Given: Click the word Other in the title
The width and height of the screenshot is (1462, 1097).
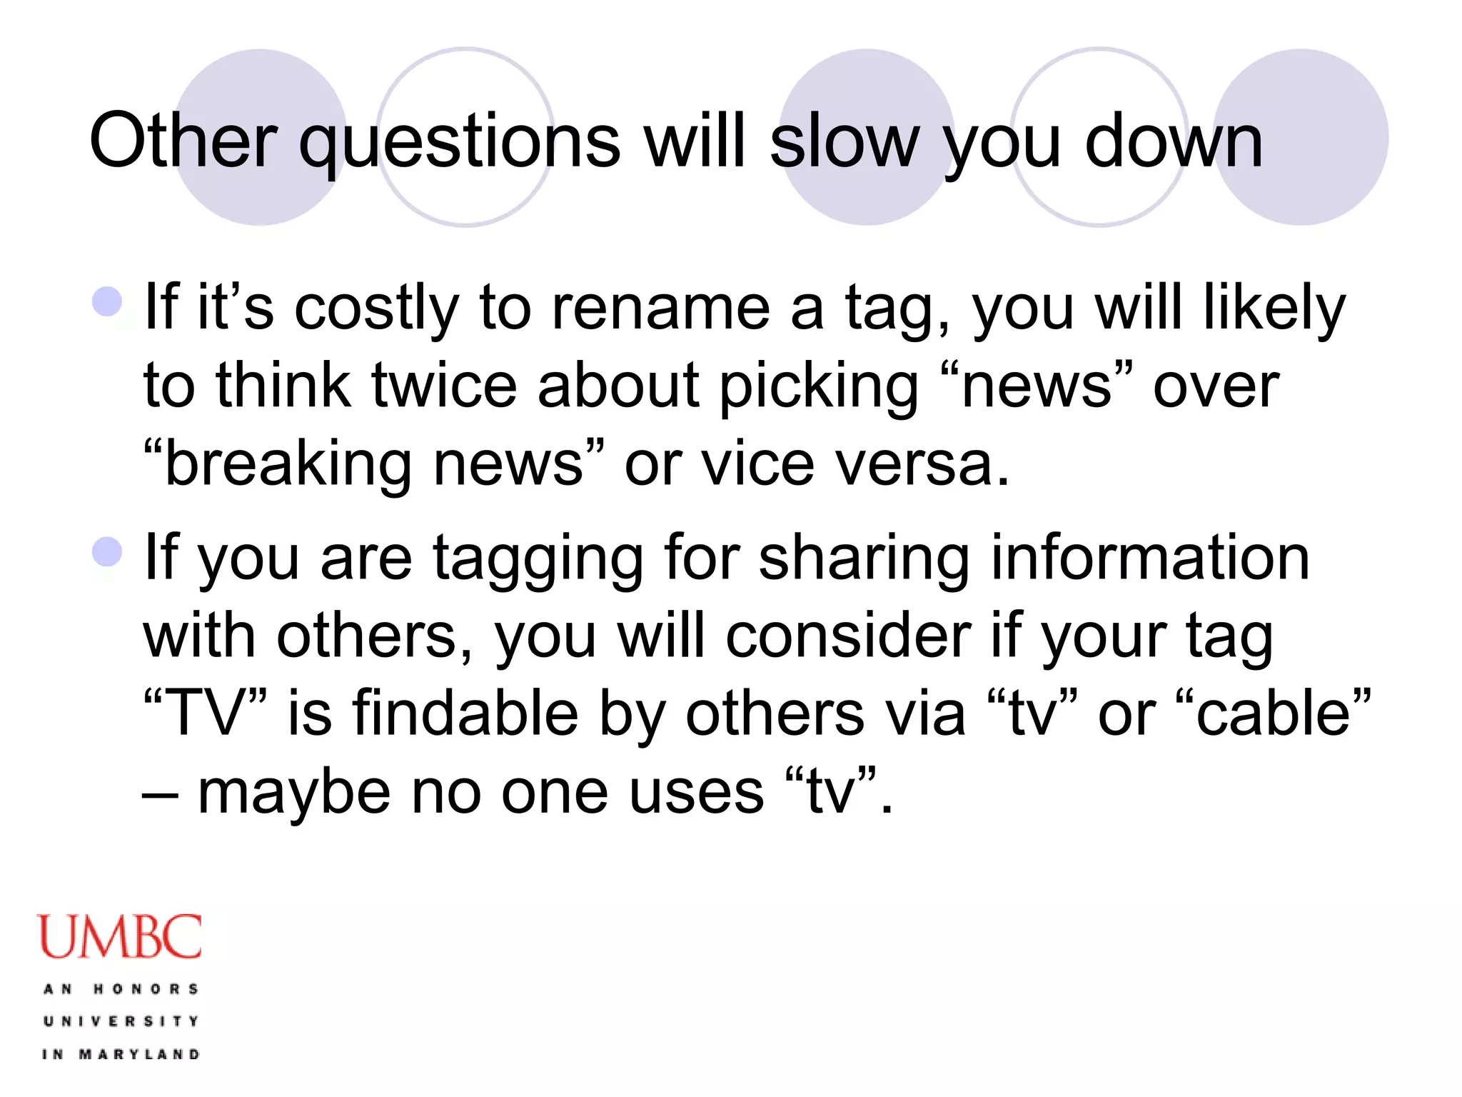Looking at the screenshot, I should point(183,141).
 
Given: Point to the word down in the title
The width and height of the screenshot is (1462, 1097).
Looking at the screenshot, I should point(1174,141).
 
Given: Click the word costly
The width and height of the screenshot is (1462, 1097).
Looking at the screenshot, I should point(376,309).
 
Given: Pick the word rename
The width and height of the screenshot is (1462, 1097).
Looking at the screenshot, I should point(660,309).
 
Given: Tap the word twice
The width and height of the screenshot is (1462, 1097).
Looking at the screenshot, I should point(444,386).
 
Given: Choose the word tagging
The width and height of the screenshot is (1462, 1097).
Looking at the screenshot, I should point(538,560).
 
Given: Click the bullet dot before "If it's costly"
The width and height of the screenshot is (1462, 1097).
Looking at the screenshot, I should point(108,301).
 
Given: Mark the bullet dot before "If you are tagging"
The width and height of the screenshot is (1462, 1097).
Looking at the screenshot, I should point(108,551).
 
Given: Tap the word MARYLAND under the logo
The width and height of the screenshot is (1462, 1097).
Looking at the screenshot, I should point(139,1054).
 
